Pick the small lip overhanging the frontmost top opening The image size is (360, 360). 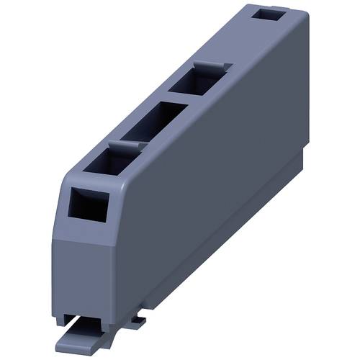point(122,146)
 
